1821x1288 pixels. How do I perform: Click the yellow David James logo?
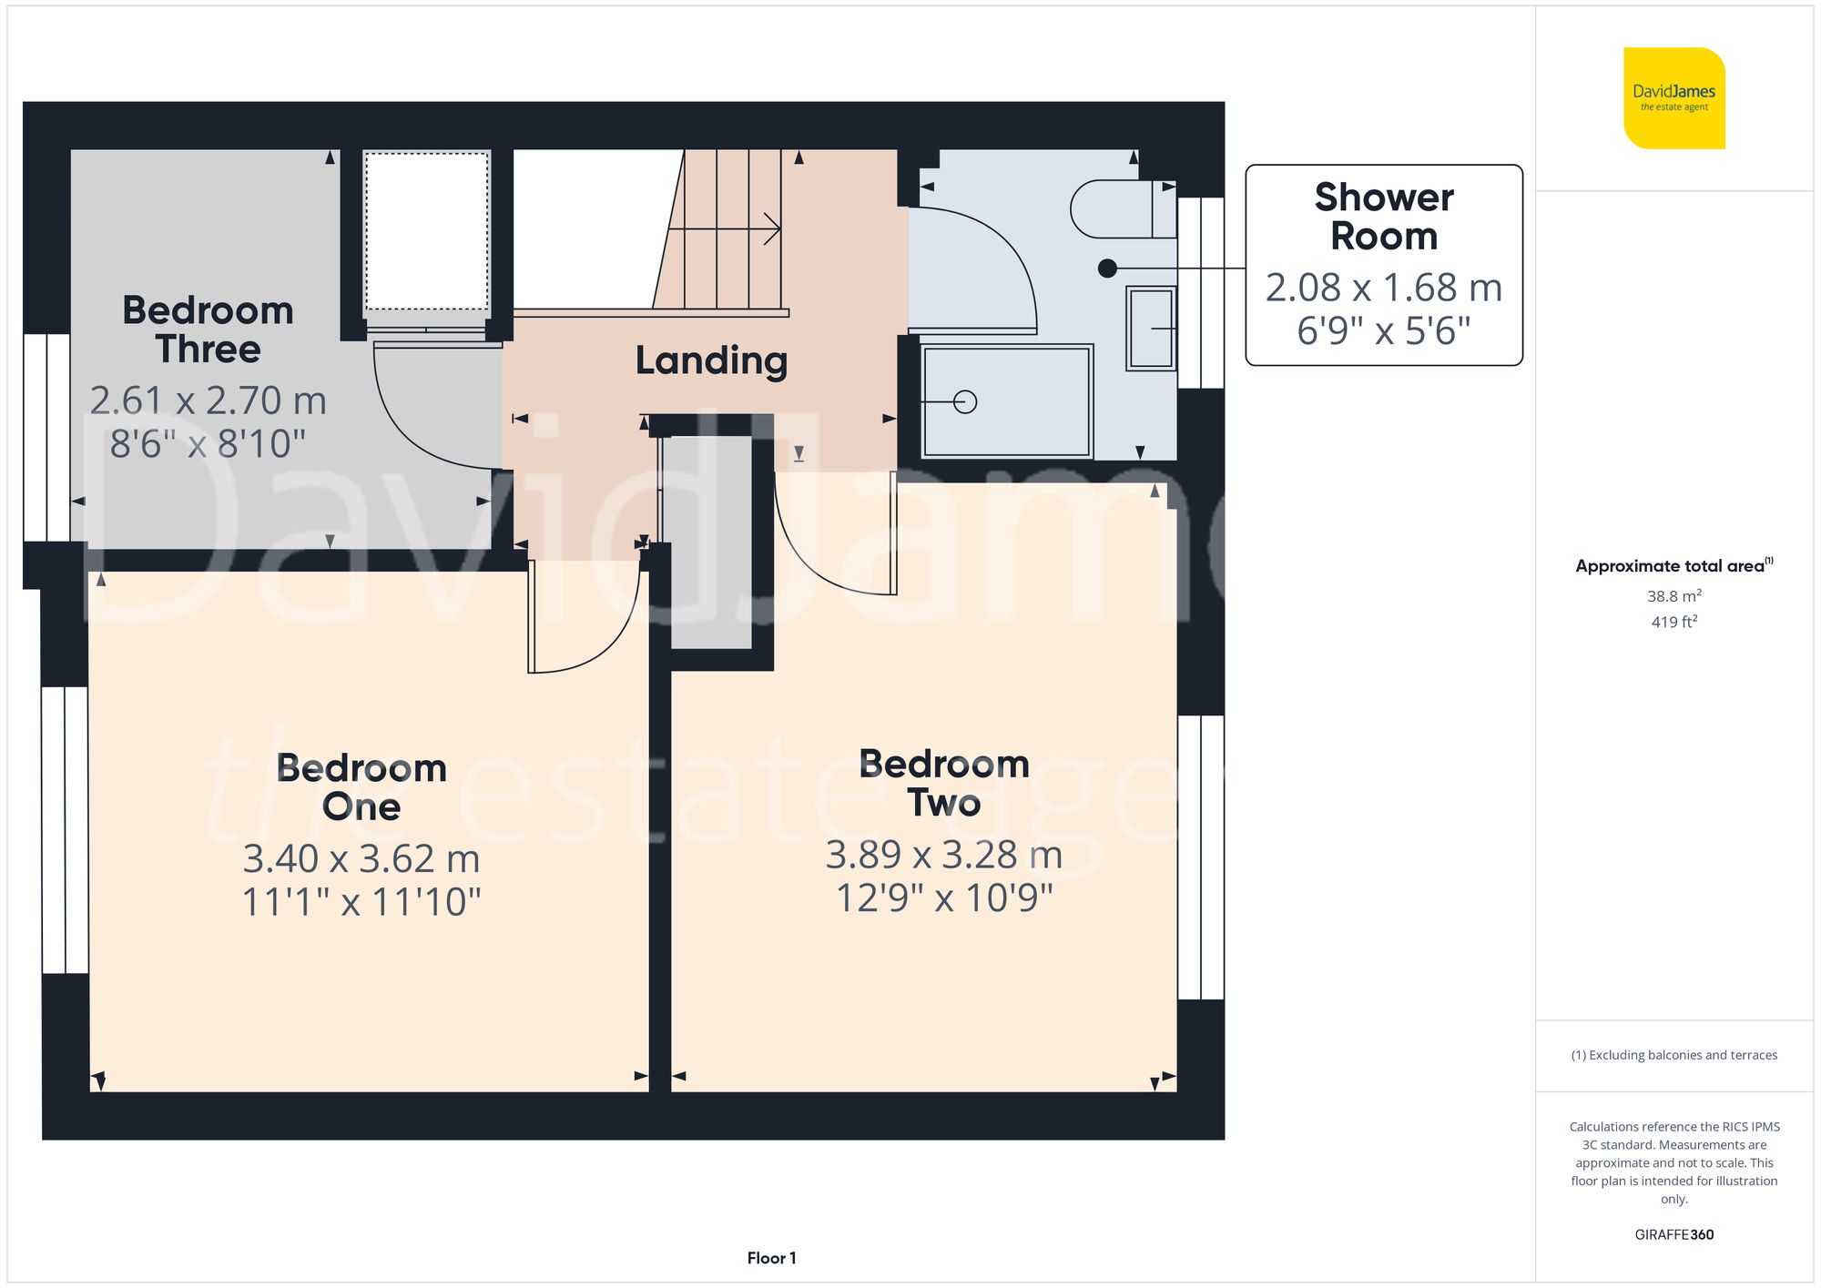(1673, 98)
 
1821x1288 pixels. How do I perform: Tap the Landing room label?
(711, 360)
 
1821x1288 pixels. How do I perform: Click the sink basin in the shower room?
(1152, 328)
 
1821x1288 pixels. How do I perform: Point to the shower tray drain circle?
(965, 401)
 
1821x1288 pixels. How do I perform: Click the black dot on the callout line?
(1107, 269)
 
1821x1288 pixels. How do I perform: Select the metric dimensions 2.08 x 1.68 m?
(1383, 288)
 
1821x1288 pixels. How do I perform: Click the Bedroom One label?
(361, 787)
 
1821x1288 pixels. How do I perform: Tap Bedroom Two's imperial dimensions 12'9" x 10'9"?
(944, 898)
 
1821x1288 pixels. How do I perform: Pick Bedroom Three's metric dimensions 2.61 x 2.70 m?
(208, 401)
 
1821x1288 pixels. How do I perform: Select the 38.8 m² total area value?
(1673, 596)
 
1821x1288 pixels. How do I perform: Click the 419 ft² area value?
(1673, 622)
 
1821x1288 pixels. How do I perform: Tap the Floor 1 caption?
(771, 1258)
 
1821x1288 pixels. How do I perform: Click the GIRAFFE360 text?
(1673, 1234)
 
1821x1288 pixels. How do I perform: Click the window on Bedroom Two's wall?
(1200, 857)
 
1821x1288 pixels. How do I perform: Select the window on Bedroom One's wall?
(65, 830)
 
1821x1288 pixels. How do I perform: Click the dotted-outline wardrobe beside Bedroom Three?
(427, 232)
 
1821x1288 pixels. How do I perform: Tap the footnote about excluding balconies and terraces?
(1673, 1055)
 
